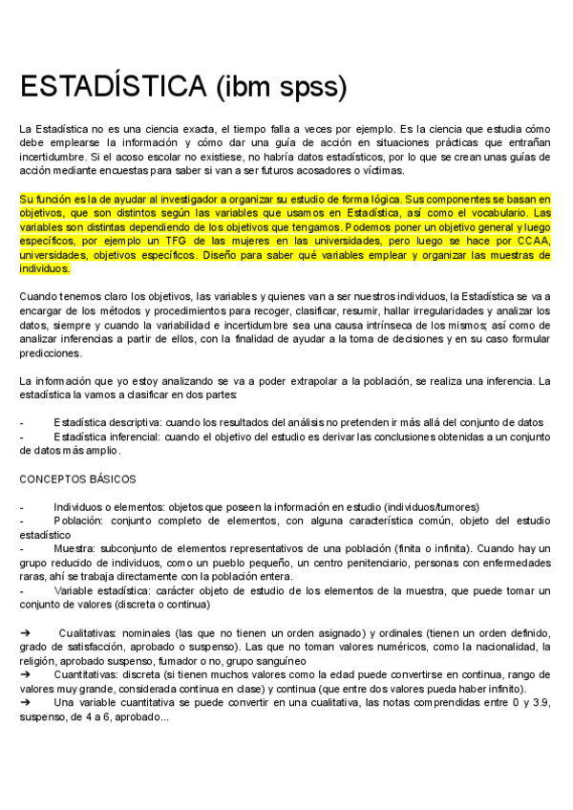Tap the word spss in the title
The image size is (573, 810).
point(307,87)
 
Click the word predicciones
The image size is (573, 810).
point(53,353)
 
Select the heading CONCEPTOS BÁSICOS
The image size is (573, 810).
point(78,479)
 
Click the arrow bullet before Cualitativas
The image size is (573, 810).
point(26,633)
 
